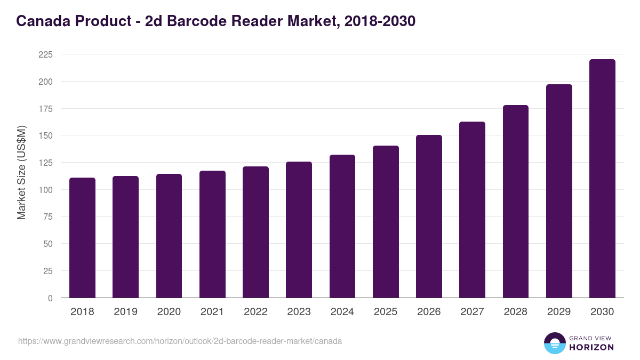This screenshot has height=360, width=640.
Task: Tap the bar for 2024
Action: coord(342,226)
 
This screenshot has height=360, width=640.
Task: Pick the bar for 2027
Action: coord(472,210)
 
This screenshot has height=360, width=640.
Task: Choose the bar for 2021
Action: coord(212,234)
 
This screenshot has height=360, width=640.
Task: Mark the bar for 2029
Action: coord(559,191)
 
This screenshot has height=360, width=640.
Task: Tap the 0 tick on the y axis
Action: coord(50,298)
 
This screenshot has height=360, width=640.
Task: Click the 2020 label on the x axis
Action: coord(169,312)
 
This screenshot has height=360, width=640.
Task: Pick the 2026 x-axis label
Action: coord(429,312)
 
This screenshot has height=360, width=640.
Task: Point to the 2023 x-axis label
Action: coord(299,312)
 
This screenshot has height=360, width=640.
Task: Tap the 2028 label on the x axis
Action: coord(516,312)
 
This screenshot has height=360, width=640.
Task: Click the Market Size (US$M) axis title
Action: coord(21,172)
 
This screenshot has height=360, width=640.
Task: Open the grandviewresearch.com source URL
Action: coord(180,341)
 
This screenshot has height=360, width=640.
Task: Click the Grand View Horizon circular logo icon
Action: coord(554,343)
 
